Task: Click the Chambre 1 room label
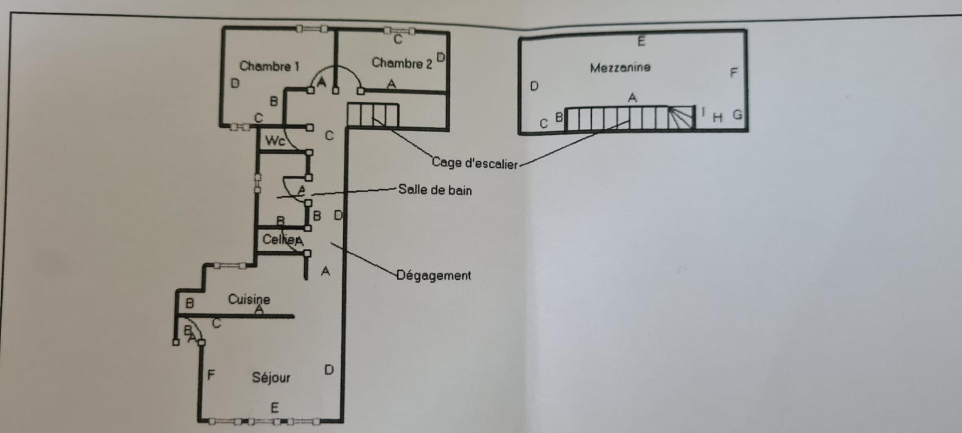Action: (x=269, y=66)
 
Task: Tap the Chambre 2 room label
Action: (x=401, y=63)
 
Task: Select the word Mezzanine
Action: (x=620, y=68)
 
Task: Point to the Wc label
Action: (x=274, y=141)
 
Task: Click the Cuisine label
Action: (x=248, y=299)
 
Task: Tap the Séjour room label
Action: (x=271, y=377)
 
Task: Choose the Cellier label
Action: (x=279, y=239)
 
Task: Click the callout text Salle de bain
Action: (x=435, y=190)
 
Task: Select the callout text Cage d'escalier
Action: (x=474, y=163)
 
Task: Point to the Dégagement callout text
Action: (x=434, y=275)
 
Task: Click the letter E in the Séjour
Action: (x=274, y=408)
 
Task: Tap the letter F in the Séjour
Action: (x=211, y=375)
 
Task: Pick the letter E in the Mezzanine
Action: (x=641, y=41)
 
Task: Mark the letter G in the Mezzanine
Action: (x=737, y=115)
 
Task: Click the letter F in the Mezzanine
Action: (x=734, y=73)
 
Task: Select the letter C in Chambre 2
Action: (x=398, y=40)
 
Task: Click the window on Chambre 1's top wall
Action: (x=311, y=29)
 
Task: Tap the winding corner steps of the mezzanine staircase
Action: (x=681, y=117)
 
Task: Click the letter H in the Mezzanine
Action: (x=717, y=117)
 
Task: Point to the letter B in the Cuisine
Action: (x=189, y=303)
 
